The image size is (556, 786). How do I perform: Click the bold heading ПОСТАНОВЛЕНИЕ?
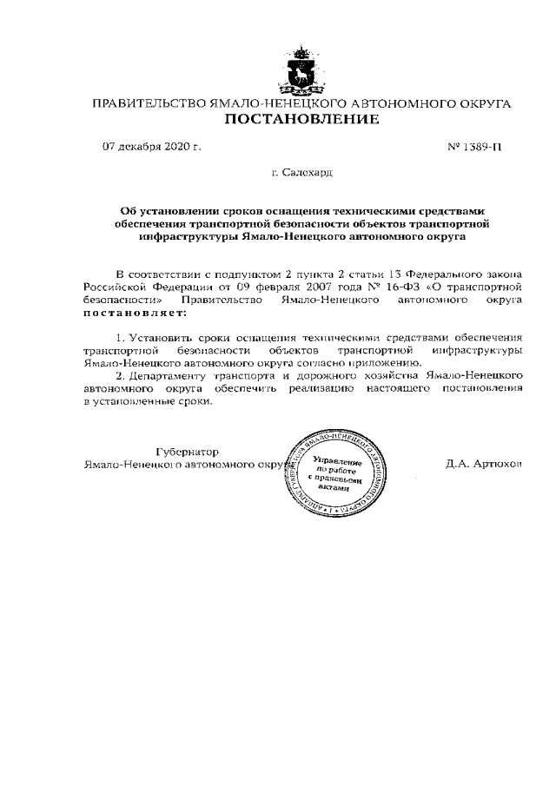point(301,119)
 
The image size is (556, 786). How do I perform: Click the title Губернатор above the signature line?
point(188,451)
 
